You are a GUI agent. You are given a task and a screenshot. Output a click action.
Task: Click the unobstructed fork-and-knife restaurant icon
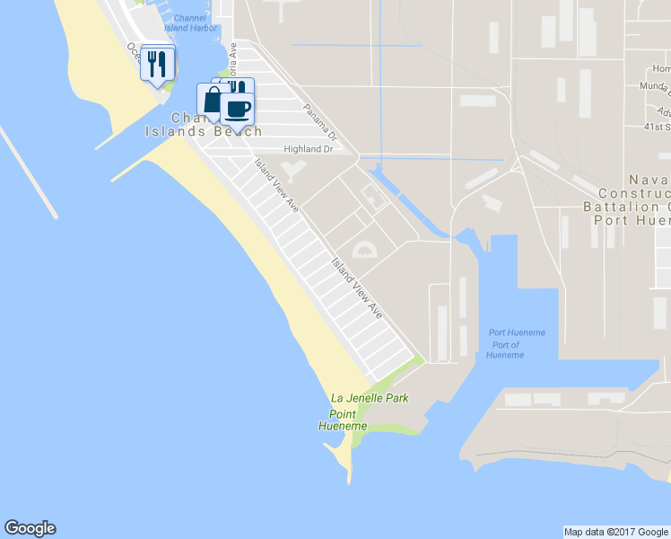coord(158,64)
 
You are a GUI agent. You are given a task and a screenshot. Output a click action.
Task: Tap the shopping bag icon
coord(211,99)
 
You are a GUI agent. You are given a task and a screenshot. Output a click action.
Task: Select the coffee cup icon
coord(238,109)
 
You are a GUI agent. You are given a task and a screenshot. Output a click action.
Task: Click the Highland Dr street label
coord(308,149)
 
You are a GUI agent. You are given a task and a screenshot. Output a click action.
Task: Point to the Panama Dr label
coord(318,124)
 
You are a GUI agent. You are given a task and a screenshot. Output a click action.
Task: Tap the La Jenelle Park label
coord(369,397)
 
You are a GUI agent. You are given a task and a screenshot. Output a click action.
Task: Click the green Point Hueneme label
coord(343,420)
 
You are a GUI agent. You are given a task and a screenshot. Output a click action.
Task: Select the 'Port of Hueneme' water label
coord(506,349)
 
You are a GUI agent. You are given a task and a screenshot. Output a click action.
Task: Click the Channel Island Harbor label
coord(190,22)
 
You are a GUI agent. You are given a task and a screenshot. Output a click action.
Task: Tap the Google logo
coord(30,528)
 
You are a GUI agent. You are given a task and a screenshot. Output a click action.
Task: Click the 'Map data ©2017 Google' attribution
coord(615,532)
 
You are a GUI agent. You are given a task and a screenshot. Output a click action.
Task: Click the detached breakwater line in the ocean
coord(29,171)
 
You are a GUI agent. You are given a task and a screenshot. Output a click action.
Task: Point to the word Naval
coord(653,180)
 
